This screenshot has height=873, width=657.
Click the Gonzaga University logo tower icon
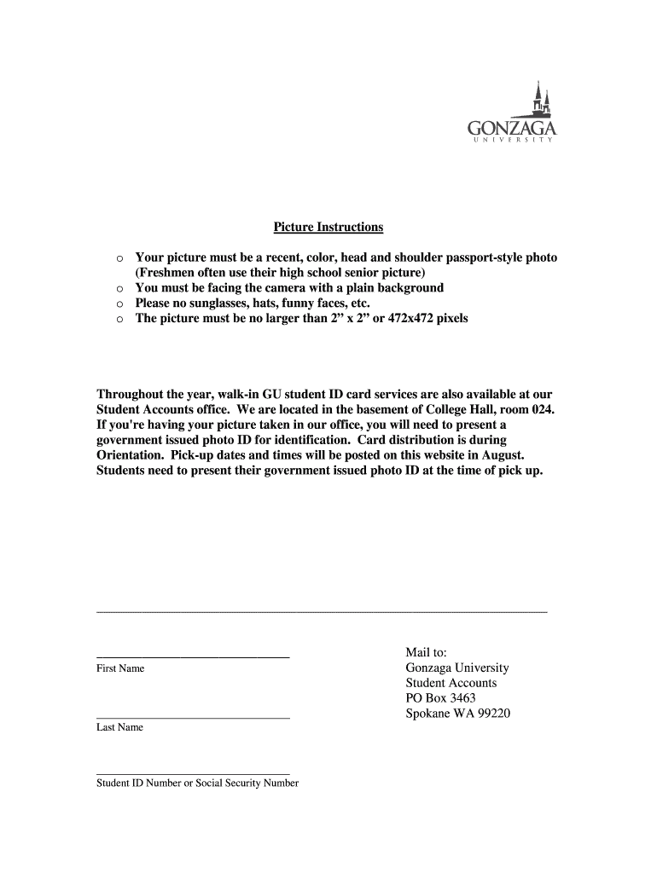(x=538, y=100)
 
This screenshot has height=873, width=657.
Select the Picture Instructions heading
(x=328, y=228)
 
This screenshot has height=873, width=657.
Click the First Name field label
(x=120, y=668)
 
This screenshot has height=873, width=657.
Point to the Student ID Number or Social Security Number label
(x=198, y=783)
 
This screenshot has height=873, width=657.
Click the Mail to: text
(x=432, y=653)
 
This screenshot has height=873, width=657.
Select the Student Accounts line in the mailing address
(x=451, y=684)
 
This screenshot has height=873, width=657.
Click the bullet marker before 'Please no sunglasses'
(x=120, y=304)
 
